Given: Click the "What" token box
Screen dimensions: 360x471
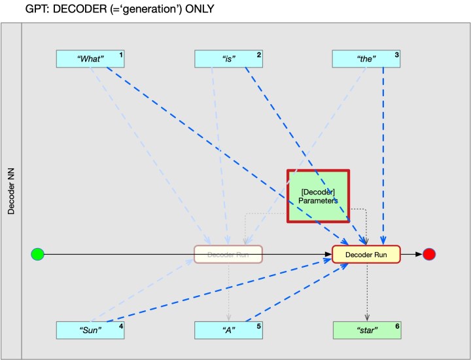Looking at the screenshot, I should point(90,59).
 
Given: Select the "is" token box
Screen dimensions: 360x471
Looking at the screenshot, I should point(228,59).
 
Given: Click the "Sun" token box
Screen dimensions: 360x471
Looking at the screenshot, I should point(90,330).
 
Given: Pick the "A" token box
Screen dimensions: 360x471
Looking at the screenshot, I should point(228,330).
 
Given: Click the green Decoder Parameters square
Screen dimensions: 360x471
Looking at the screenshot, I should point(318,196).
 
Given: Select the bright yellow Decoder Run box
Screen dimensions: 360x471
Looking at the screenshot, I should point(366,254).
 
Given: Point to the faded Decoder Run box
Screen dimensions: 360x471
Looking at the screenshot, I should point(228,254).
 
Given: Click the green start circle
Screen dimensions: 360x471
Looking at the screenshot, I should point(37,254).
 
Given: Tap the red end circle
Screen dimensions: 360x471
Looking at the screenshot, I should point(429,254).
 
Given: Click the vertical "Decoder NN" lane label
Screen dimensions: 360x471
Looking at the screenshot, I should point(11,190).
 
